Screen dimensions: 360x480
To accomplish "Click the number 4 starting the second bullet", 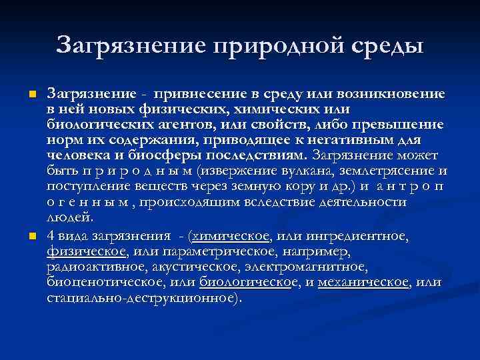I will pyautogui.click(x=51, y=237).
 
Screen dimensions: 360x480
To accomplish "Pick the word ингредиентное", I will pyautogui.click(x=361, y=237).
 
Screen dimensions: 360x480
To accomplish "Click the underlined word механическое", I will pyautogui.click(x=364, y=283).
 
